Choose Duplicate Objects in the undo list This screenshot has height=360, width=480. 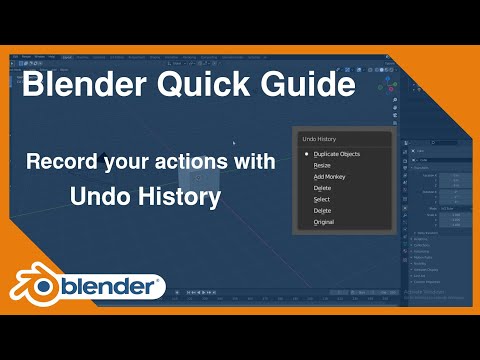(336, 154)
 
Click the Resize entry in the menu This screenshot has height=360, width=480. (322, 165)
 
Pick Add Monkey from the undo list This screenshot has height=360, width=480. (329, 176)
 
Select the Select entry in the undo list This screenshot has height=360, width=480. (321, 199)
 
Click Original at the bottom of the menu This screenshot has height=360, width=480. (323, 221)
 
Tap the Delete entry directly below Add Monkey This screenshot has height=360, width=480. (321, 187)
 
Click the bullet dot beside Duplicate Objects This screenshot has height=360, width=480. (305, 154)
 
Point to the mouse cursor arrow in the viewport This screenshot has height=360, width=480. (234, 144)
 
